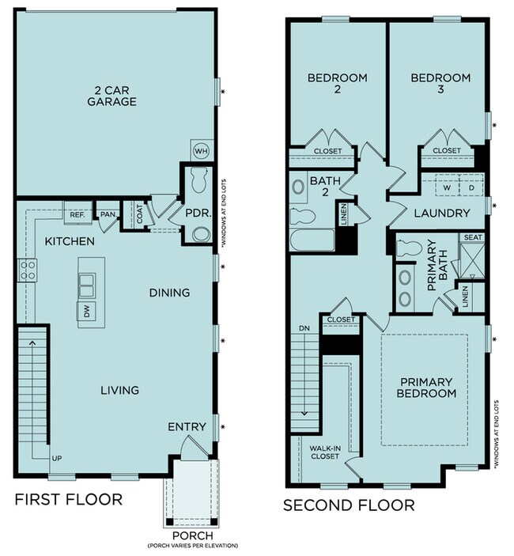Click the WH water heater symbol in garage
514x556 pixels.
201,149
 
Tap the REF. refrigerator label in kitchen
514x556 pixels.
77,214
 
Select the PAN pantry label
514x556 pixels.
105,214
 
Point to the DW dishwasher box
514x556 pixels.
85,311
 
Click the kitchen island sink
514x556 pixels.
88,281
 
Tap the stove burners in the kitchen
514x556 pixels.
27,270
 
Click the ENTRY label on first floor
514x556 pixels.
187,427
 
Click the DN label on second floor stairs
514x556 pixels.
304,327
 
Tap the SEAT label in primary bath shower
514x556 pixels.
473,237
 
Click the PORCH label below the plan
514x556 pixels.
192,535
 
